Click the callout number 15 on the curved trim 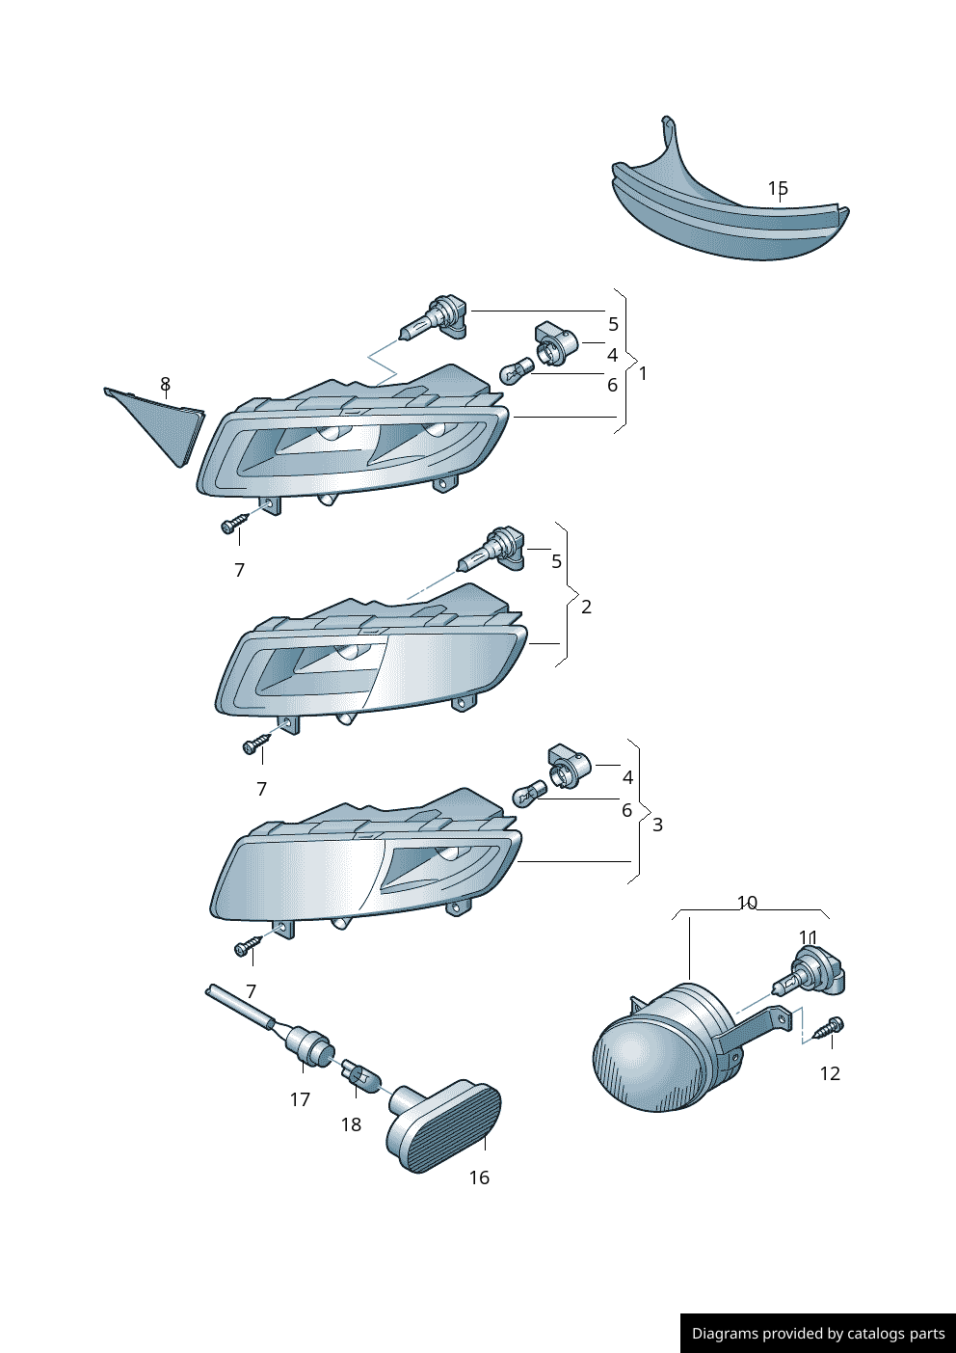tap(778, 188)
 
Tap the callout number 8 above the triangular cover tap(166, 384)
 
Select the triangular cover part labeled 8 tap(156, 426)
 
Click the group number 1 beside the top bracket tap(643, 374)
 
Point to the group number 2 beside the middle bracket tap(586, 607)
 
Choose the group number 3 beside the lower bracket tap(657, 825)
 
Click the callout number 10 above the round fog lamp tap(747, 903)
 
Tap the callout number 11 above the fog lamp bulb tap(809, 937)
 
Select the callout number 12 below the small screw tap(830, 1073)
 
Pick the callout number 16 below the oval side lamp tap(479, 1177)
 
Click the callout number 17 tap(300, 1100)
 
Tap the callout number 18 tap(351, 1124)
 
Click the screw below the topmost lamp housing tap(235, 523)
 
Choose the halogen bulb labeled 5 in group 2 tap(491, 550)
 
